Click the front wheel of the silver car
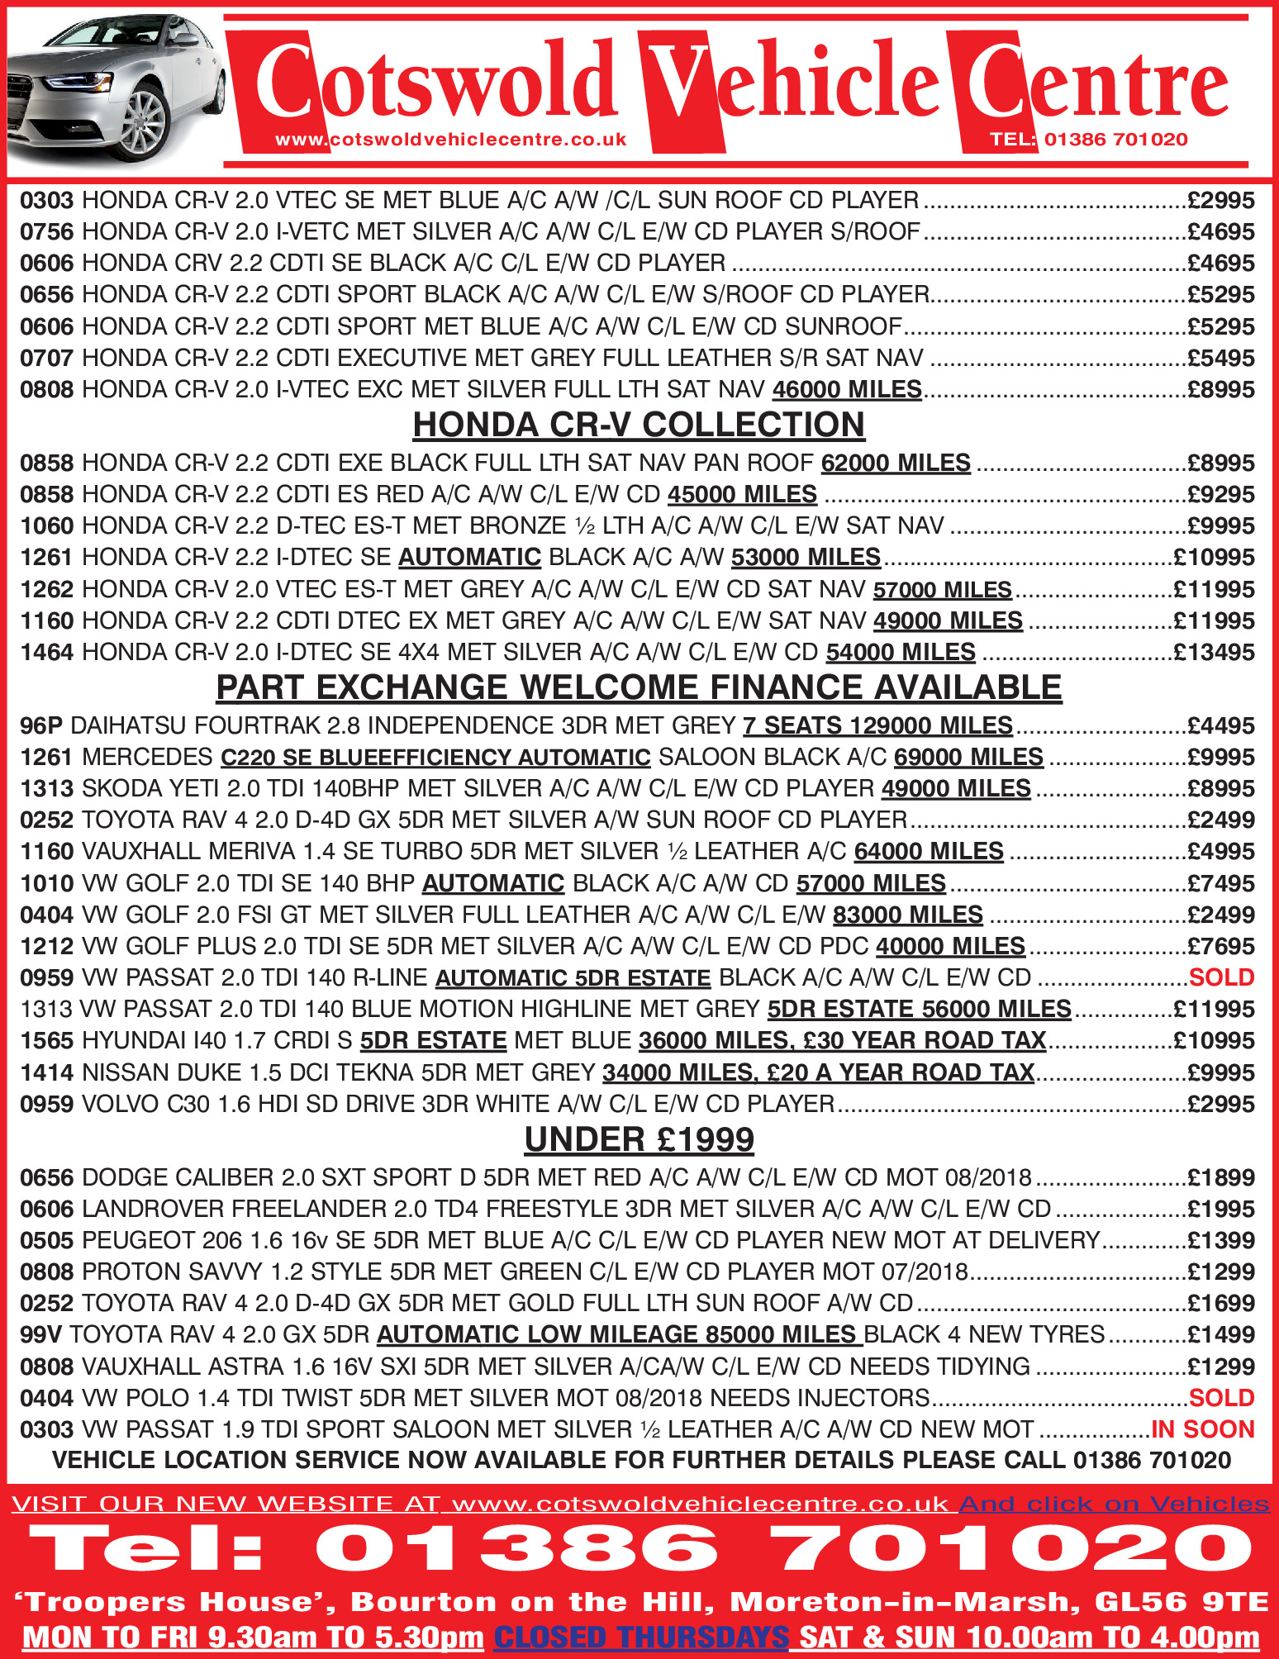[x=142, y=124]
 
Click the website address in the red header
[x=451, y=140]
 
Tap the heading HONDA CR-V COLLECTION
[x=639, y=425]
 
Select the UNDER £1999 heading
[x=639, y=1139]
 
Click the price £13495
[x=1214, y=653]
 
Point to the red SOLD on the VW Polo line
[x=1221, y=1398]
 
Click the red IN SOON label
[x=1202, y=1429]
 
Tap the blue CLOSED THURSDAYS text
[x=641, y=1637]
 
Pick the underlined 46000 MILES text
[x=847, y=389]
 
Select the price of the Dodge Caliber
[x=1220, y=1177]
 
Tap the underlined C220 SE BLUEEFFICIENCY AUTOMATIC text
[x=435, y=757]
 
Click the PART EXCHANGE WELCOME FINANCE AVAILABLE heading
[x=639, y=687]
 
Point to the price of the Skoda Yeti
[x=1220, y=788]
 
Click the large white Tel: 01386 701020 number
[x=639, y=1548]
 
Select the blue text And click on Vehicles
[x=1113, y=1504]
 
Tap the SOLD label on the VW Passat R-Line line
[x=1221, y=977]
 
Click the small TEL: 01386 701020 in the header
[x=1088, y=140]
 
